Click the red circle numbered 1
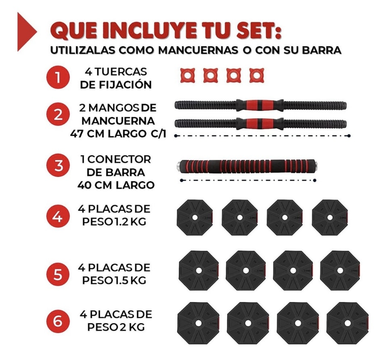click(58, 78)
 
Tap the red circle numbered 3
click(58, 166)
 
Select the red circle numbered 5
click(58, 274)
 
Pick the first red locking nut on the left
click(187, 75)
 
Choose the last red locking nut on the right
click(256, 75)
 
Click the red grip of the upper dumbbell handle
click(260, 105)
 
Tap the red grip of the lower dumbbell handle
click(260, 123)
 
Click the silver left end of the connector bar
click(178, 165)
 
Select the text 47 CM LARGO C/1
click(117, 134)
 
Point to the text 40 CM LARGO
click(116, 185)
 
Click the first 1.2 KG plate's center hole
click(195, 218)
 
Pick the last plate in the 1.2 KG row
click(330, 218)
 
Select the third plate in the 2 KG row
click(298, 323)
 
